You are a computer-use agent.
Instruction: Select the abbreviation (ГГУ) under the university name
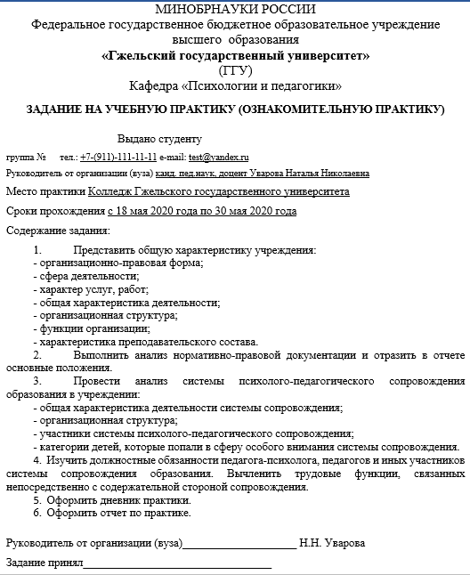pos(235,70)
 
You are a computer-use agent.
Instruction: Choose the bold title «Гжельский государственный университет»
pos(235,56)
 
